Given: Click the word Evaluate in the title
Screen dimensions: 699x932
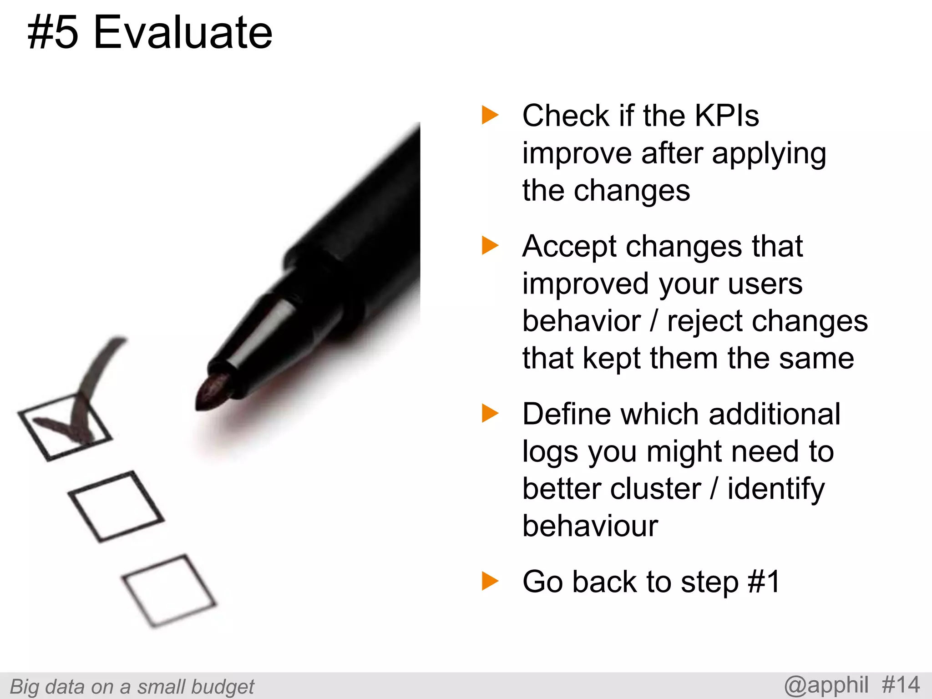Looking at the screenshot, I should pyautogui.click(x=182, y=33).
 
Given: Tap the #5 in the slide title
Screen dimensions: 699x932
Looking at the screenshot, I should pyautogui.click(x=53, y=33).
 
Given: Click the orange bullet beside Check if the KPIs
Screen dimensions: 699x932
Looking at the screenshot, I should pyautogui.click(x=490, y=115).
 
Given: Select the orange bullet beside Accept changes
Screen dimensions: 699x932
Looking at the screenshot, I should pyautogui.click(x=490, y=246).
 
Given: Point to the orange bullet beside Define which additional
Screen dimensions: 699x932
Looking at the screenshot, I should pyautogui.click(x=490, y=413).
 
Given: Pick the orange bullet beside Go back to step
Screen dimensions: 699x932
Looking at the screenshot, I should pyautogui.click(x=490, y=581).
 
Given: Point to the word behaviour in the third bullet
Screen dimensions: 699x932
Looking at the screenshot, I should pyautogui.click(x=590, y=526).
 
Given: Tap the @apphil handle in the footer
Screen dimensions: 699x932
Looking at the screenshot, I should pyautogui.click(x=826, y=685).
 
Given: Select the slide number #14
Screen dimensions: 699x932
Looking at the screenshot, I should pyautogui.click(x=901, y=685).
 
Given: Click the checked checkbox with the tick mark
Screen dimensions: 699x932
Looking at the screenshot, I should pyautogui.click(x=65, y=426).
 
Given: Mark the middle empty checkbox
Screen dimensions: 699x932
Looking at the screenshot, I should pyautogui.click(x=116, y=506).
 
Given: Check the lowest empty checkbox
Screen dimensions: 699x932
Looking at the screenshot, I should pyautogui.click(x=169, y=590).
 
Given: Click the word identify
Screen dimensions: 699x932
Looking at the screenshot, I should pyautogui.click(x=775, y=490).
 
